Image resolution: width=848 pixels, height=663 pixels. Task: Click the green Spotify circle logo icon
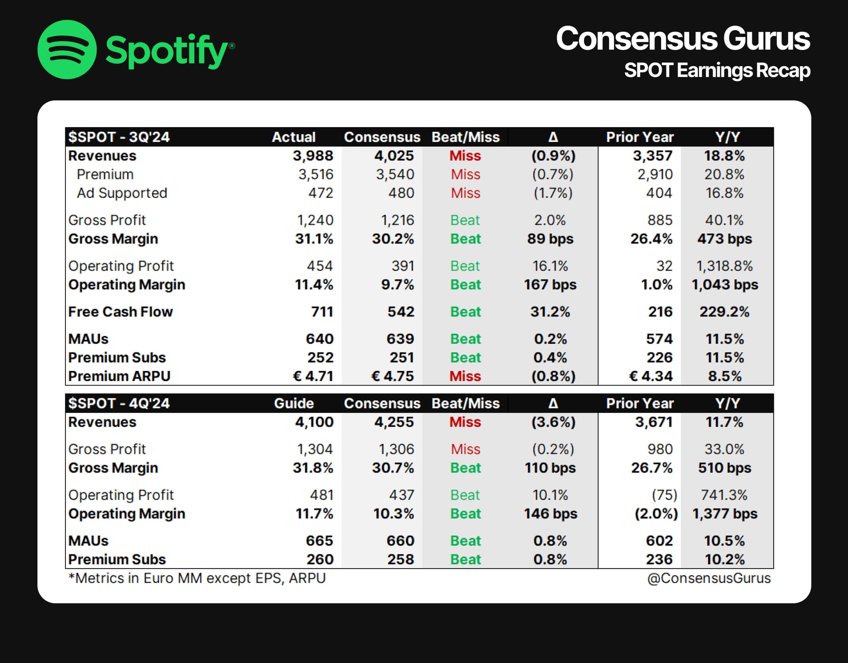coord(67,49)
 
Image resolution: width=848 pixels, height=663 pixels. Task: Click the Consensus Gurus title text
coord(682,39)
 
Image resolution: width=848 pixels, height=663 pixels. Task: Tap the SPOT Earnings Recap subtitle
coord(717,71)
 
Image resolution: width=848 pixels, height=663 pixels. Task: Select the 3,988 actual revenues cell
coord(313,156)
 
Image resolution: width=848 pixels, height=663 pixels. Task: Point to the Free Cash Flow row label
coord(120,312)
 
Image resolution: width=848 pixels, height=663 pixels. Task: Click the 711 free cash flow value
coord(322,312)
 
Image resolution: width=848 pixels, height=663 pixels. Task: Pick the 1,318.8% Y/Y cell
coord(724,266)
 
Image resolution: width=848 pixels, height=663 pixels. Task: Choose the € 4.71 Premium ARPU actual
coord(313,376)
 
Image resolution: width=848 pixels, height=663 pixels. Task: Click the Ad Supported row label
coord(122,193)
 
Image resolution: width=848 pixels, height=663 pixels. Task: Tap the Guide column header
coord(294,403)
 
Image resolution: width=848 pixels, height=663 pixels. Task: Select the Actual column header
coord(294,137)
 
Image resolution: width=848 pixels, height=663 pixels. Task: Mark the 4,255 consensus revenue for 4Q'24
coord(394,422)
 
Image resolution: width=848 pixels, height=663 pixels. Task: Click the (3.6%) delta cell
coord(553,422)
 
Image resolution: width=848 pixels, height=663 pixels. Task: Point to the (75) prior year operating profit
coord(664,495)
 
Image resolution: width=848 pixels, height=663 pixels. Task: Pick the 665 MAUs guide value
coord(319,541)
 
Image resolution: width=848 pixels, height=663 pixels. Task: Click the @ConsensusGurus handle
coord(708,578)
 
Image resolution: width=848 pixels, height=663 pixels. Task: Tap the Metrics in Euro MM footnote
coord(197,578)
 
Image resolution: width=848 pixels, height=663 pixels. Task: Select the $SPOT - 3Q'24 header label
coord(119,137)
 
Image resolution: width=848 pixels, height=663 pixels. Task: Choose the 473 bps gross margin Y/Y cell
coord(724,239)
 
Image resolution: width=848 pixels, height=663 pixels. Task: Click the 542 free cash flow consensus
coord(401,312)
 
